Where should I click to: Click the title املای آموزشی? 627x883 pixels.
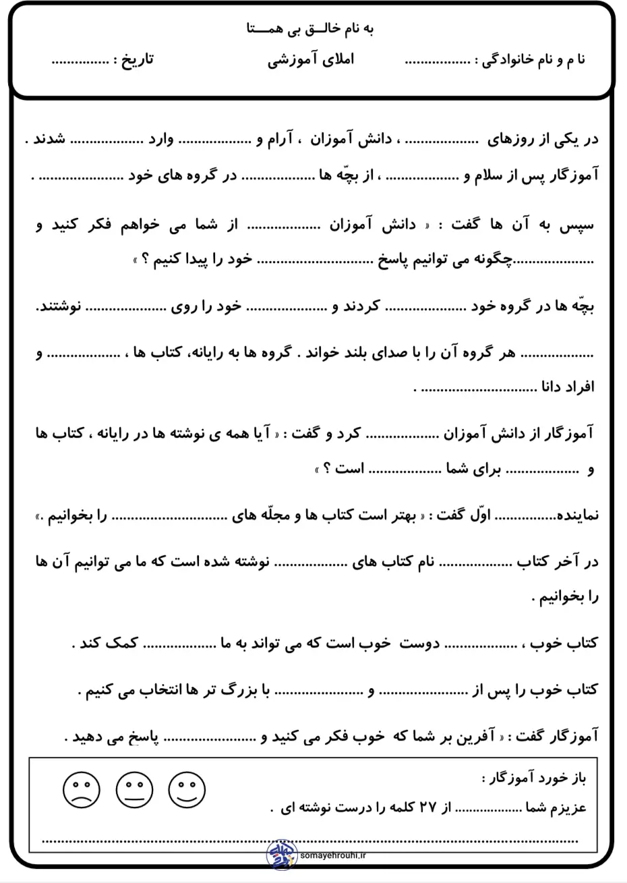[311, 59]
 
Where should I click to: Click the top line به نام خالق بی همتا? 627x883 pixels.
[312, 29]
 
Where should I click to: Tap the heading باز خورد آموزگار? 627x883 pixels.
[534, 779]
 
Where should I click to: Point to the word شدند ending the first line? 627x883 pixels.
[49, 140]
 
